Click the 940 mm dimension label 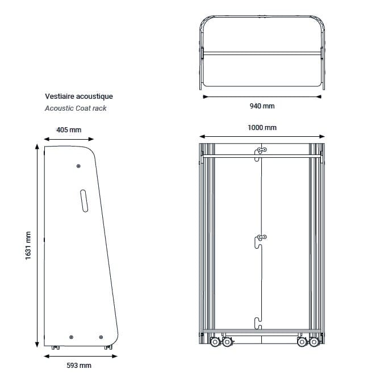click(262, 106)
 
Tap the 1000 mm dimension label click(262, 128)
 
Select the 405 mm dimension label click(69, 130)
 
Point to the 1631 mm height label click(28, 245)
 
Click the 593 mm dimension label click(79, 366)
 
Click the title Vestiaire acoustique click(79, 96)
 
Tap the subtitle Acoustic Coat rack click(76, 108)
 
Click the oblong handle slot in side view click(84, 201)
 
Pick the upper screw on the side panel click(78, 166)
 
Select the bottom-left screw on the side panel click(71, 337)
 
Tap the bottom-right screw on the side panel click(101, 337)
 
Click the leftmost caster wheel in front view click(215, 342)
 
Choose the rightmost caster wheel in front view click(314, 342)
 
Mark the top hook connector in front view click(261, 149)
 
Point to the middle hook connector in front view click(261, 237)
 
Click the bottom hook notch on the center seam click(258, 323)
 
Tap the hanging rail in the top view click(262, 53)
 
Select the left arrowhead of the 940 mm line click(206, 97)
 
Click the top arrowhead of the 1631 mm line click(37, 146)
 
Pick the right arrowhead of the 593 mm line click(115, 356)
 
